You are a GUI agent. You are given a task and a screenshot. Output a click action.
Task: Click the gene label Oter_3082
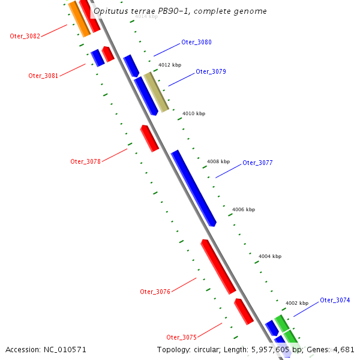pos(25,36)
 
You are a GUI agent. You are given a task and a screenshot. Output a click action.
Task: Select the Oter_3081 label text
pos(43,76)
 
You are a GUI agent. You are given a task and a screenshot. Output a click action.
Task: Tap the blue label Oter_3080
pos(196,43)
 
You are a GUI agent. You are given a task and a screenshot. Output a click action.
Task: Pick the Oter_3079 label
pos(211,71)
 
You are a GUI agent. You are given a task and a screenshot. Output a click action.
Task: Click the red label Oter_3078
pos(85,161)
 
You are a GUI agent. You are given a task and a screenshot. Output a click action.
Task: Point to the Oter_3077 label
pos(257,163)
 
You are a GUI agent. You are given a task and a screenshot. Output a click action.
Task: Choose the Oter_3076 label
pos(155,292)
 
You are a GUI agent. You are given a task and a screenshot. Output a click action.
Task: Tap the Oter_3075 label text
pos(181,337)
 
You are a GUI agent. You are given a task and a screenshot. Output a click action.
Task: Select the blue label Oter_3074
pos(335,300)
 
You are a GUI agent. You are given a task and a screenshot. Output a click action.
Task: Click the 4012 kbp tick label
pos(170,65)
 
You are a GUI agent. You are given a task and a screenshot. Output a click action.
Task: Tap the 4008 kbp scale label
pos(218,161)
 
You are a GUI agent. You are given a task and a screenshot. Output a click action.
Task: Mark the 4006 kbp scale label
pos(244,209)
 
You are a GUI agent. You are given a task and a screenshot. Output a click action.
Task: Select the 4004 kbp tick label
pos(270,256)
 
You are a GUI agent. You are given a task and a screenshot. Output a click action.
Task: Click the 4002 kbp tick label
pos(297,303)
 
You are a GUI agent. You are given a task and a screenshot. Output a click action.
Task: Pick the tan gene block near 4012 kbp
pos(156,92)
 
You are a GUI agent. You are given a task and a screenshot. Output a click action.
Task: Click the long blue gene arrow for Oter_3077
pos(193,188)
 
